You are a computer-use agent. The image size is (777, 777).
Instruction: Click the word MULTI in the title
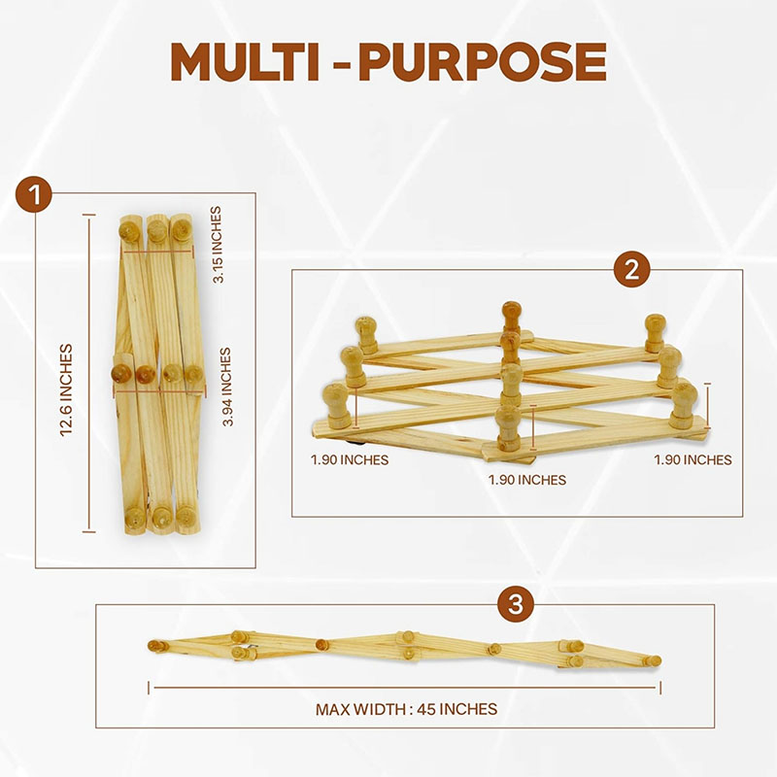tap(244, 62)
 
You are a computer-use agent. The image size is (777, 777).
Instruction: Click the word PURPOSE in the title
tap(483, 62)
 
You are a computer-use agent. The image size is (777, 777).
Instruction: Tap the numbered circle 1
tap(34, 194)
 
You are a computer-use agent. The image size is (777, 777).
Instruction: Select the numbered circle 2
tap(631, 270)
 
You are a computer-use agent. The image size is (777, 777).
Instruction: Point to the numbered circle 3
tap(516, 604)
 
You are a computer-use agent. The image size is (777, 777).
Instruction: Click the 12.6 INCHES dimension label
tap(66, 390)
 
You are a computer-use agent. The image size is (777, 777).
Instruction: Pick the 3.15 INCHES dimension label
tap(217, 245)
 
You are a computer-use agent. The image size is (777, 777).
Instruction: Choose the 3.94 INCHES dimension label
tap(226, 387)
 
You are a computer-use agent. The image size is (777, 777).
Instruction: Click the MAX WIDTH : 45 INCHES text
tap(406, 709)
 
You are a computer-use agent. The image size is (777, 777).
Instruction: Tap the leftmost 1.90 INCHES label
tap(350, 459)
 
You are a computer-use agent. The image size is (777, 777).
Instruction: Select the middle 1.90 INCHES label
tap(527, 480)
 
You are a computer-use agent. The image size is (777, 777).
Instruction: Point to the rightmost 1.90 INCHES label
tap(693, 459)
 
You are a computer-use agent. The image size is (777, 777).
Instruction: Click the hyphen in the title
tap(339, 64)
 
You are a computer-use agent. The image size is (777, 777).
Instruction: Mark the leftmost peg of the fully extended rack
tap(157, 646)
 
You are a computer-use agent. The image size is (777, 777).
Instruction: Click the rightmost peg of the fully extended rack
tap(652, 660)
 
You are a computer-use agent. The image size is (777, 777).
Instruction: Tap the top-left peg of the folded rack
tap(128, 230)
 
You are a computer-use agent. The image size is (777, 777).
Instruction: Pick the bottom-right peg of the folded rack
tap(186, 516)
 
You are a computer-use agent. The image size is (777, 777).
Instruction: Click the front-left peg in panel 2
tap(336, 405)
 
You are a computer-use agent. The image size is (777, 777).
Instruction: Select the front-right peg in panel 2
tap(685, 405)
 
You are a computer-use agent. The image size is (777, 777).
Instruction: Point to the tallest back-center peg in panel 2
tap(512, 318)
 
